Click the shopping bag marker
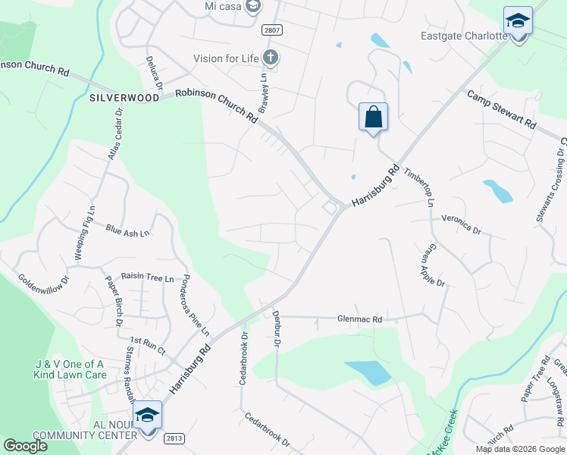373,118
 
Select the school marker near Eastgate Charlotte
518,22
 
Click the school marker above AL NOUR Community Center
148,416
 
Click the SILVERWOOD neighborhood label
124,98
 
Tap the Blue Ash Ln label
127,231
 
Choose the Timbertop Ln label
418,187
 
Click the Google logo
25,446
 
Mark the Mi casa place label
225,6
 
